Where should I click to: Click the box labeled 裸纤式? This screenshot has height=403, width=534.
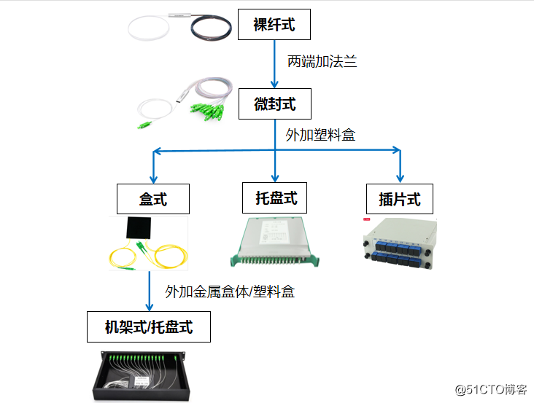(x=274, y=24)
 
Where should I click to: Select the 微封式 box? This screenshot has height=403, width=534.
(x=274, y=103)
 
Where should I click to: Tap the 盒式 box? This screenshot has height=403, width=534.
(x=153, y=199)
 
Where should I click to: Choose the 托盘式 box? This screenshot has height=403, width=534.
(x=276, y=197)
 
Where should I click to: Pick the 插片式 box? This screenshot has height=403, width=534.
(x=400, y=199)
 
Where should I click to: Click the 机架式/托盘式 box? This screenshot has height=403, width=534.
(x=149, y=327)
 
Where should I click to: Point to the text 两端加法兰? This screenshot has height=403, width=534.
(x=322, y=62)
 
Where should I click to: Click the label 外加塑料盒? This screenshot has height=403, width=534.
(x=320, y=135)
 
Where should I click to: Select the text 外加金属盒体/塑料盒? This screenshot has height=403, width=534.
(x=230, y=292)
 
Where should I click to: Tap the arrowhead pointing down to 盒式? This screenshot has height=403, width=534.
(x=153, y=176)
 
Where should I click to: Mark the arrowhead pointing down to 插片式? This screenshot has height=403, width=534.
(x=399, y=176)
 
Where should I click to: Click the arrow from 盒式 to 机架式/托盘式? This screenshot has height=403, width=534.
(x=150, y=292)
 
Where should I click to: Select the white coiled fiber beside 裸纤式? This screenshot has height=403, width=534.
(x=150, y=28)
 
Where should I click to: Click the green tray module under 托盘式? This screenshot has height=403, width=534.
(x=275, y=240)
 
